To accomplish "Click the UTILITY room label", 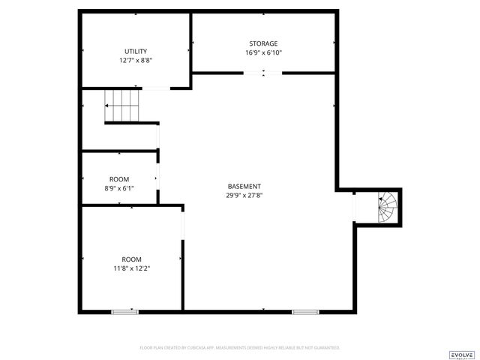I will [x=136, y=51].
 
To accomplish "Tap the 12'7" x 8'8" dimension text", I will [x=136, y=60].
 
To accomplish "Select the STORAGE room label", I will [x=263, y=43].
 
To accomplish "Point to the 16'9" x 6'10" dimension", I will [x=263, y=52].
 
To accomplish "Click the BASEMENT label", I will [x=244, y=186].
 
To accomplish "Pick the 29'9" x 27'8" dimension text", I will [x=244, y=195].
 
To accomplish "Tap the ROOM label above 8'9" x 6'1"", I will [x=119, y=178].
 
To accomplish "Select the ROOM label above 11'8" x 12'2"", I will [x=131, y=259].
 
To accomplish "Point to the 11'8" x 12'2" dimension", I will [x=131, y=268].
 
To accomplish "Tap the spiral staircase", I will [x=387, y=206].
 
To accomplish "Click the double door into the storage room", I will [x=263, y=73].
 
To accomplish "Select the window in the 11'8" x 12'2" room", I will [x=124, y=311].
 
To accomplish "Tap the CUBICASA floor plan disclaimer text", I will [x=240, y=348].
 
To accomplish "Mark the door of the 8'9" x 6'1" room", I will [x=157, y=178].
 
